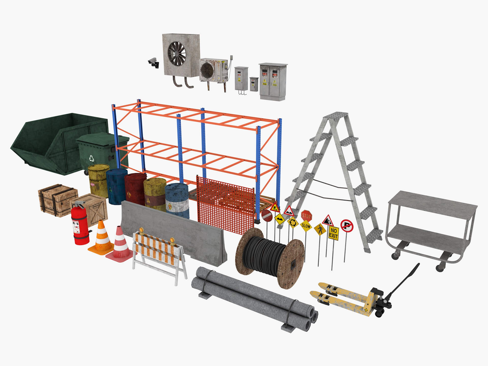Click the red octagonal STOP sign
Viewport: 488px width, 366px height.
pyautogui.click(x=306, y=216)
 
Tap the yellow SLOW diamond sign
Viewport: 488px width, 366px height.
pyautogui.click(x=306, y=226)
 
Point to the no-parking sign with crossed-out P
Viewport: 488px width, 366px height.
pyautogui.click(x=347, y=226)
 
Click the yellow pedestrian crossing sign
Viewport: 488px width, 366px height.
pyautogui.click(x=320, y=230)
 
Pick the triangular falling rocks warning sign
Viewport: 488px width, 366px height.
pyautogui.click(x=328, y=221)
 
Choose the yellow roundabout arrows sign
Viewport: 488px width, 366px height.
pyautogui.click(x=293, y=223)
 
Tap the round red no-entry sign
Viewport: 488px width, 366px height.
pyautogui.click(x=267, y=216)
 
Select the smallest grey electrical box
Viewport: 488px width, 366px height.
pyautogui.click(x=254, y=84)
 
